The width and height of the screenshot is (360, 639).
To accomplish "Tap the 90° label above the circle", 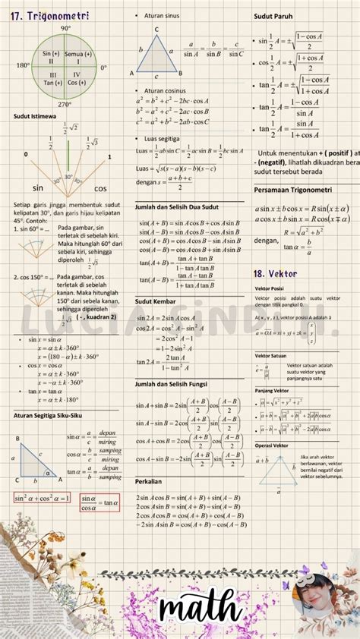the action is tap(65, 28).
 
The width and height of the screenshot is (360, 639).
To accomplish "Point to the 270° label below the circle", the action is tap(65, 105).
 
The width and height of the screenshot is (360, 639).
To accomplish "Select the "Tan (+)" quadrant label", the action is tap(52, 83).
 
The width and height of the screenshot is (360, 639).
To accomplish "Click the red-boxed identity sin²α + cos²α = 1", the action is tap(42, 498).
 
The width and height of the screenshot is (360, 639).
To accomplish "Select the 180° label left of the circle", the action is tap(23, 67).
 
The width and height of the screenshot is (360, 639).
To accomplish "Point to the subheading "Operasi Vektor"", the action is tap(272, 445).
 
